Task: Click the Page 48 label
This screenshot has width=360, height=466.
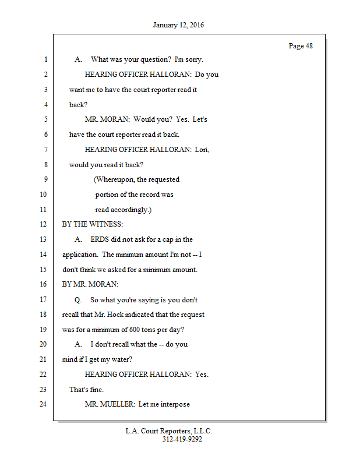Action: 301,46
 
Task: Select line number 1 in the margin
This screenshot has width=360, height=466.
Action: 45,59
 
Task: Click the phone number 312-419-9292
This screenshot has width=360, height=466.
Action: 182,440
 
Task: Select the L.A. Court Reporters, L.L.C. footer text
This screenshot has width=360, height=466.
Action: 169,431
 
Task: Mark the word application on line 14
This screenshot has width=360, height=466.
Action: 80,255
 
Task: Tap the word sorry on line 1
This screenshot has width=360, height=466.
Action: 193,59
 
